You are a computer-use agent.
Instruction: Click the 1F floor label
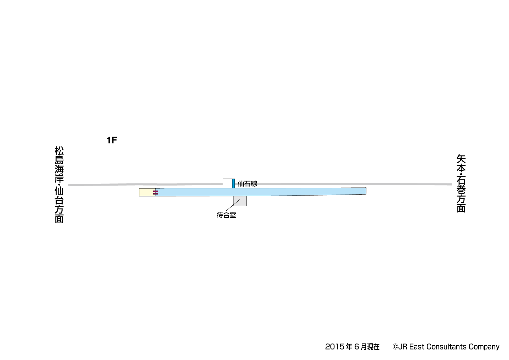[x=112, y=140]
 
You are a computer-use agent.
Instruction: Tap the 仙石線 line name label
[x=247, y=183]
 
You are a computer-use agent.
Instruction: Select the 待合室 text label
[x=226, y=215]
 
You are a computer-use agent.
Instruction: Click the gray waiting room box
[x=240, y=201]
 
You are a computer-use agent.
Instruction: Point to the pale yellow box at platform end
[x=147, y=192]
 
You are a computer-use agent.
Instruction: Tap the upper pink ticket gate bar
[x=155, y=191]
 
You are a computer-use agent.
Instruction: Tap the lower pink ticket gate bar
[x=155, y=194]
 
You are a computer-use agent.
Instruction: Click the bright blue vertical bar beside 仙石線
[x=233, y=183]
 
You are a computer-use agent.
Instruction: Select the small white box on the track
[x=228, y=183]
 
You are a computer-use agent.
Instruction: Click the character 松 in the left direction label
[x=59, y=151]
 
